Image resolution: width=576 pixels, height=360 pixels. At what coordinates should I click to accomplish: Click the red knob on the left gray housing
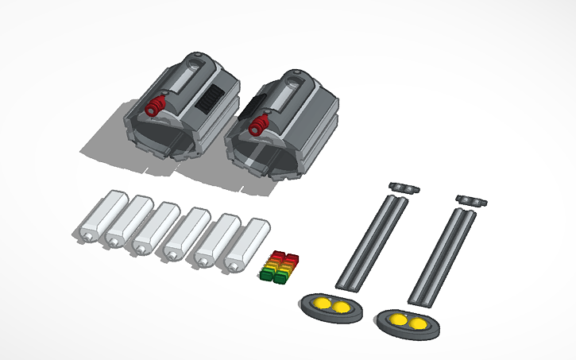[156, 105]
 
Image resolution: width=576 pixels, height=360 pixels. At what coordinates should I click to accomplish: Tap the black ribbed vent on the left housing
[211, 101]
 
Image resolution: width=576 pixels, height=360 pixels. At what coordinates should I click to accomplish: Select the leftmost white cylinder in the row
[100, 215]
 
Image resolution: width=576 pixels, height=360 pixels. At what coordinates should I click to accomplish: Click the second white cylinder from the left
[129, 222]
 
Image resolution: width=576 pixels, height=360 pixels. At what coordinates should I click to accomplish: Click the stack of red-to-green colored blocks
[279, 267]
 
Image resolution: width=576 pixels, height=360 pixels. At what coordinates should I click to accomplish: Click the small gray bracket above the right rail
[472, 199]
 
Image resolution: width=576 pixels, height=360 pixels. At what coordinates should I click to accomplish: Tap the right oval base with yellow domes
[407, 321]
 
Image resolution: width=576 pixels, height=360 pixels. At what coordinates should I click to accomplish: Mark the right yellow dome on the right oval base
[418, 322]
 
